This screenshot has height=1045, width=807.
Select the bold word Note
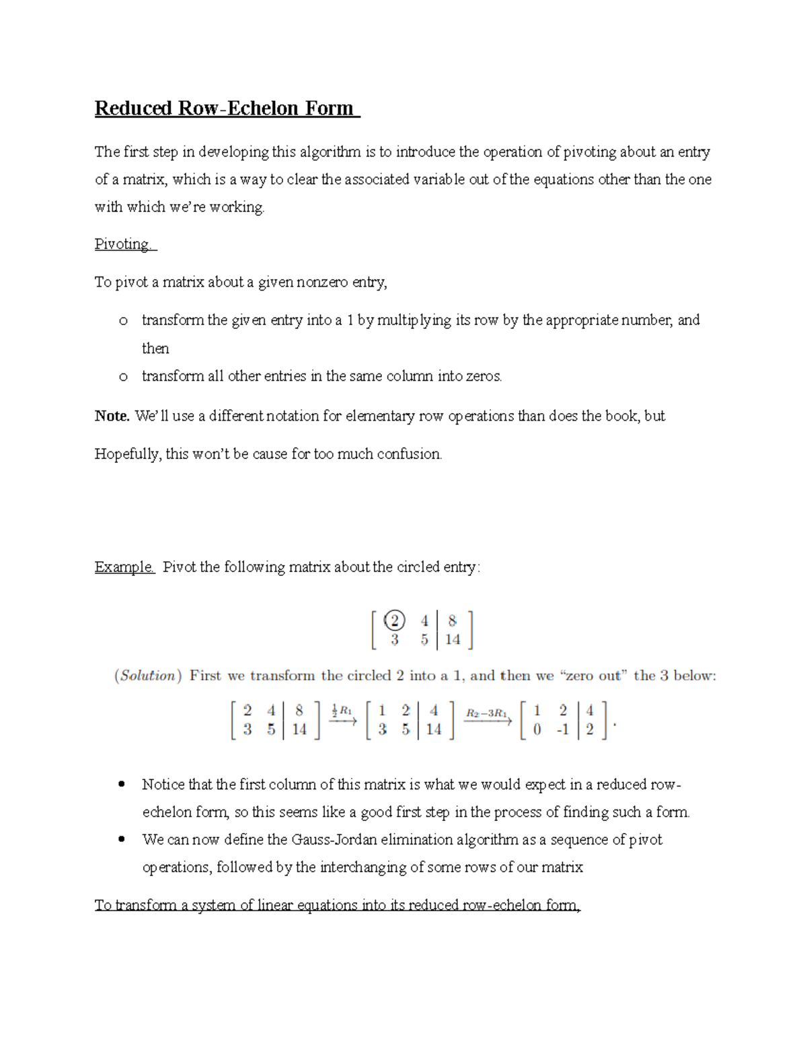[112, 417]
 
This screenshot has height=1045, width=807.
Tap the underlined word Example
[124, 567]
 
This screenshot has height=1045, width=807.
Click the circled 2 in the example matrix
[394, 620]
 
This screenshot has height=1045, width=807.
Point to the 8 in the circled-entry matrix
[452, 620]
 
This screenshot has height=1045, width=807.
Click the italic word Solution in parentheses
[147, 676]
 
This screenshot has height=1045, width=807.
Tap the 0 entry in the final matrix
[537, 729]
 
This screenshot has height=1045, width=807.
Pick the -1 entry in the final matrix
[562, 729]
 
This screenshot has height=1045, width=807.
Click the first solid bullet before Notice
[122, 784]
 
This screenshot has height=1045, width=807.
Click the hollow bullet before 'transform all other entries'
[123, 377]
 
